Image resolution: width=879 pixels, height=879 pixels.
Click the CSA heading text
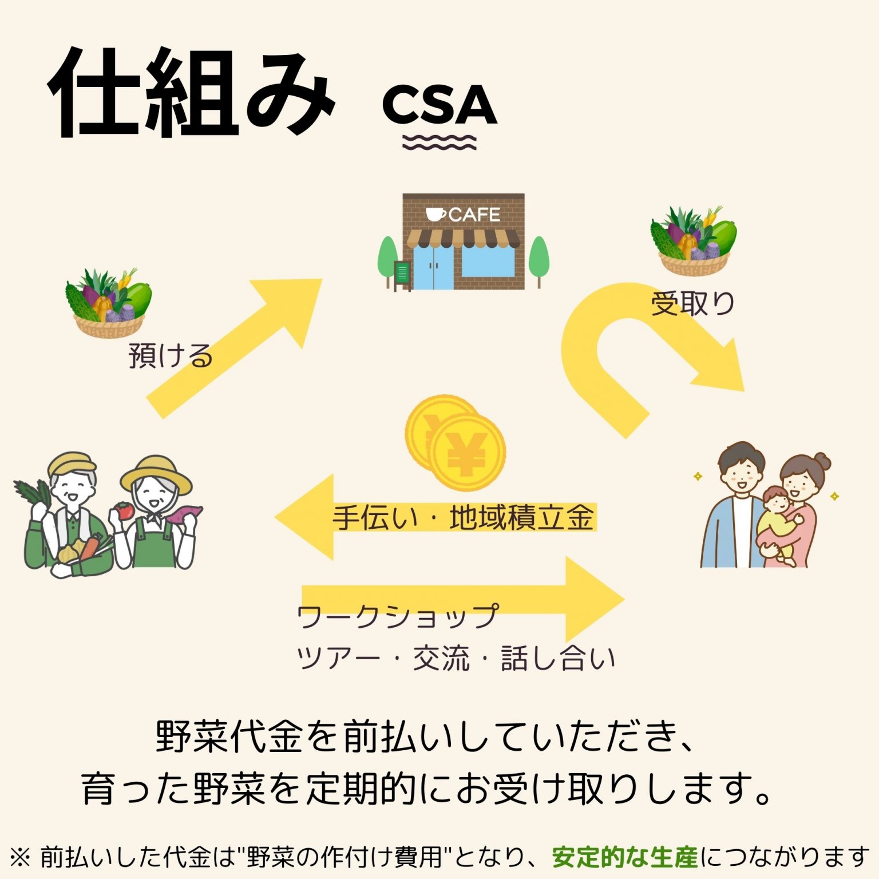tap(439, 105)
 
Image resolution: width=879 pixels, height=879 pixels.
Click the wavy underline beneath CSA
tap(439, 142)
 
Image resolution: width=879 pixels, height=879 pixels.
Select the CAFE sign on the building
tap(464, 215)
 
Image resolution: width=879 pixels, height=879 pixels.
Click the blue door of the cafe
tap(433, 267)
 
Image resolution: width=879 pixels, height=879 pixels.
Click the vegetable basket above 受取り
tap(694, 240)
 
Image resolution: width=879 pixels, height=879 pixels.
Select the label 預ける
tap(171, 356)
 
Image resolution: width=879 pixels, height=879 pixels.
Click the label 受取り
tap(693, 303)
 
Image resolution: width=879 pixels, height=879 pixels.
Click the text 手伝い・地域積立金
tap(464, 518)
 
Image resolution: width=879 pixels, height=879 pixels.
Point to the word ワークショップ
tap(397, 617)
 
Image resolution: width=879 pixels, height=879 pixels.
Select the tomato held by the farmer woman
tap(124, 509)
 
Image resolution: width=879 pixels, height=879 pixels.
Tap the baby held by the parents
tap(777, 518)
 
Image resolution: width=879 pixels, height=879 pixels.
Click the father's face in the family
tap(741, 472)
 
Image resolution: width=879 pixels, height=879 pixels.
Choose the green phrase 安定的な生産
tap(625, 857)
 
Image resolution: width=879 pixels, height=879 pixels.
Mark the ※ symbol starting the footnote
tap(20, 857)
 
